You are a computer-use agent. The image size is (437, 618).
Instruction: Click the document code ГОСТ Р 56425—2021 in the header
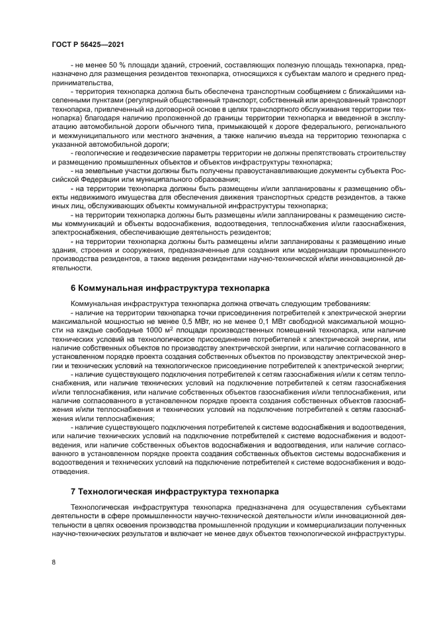tap(87, 44)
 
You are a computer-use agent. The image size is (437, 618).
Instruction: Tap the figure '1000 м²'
tap(139, 328)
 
